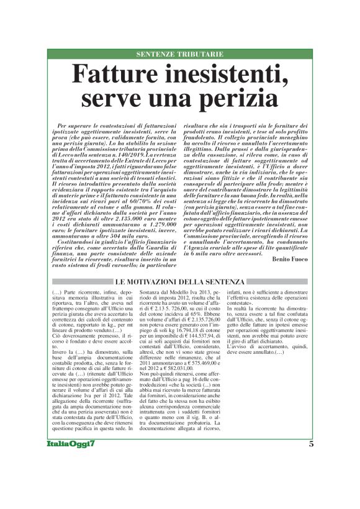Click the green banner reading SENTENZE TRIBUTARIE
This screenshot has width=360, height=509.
[179, 55]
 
